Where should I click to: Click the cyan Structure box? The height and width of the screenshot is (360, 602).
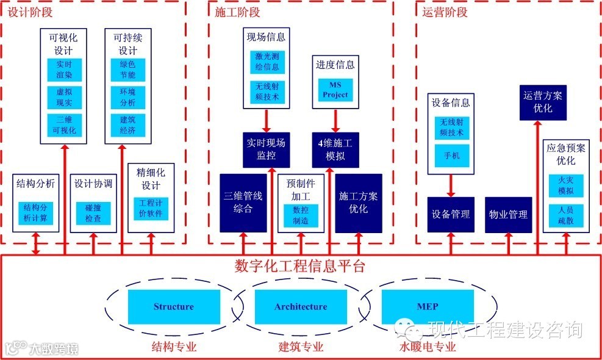point(174,307)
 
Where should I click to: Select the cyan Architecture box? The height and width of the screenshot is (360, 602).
point(300,307)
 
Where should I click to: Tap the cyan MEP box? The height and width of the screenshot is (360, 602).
point(427,307)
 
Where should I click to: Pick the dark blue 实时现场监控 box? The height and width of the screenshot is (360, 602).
point(266,149)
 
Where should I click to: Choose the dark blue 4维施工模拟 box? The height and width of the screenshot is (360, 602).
point(335,149)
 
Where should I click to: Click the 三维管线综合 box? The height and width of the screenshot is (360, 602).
point(243,203)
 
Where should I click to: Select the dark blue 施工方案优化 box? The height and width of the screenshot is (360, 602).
point(358,203)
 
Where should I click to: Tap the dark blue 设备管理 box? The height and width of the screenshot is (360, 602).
point(451,215)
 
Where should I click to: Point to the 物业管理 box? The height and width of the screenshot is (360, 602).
point(508,215)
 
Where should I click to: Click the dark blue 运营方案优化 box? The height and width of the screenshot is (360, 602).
point(543,102)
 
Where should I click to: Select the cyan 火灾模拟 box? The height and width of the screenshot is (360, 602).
point(565,185)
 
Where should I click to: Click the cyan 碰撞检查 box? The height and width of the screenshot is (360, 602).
point(93,213)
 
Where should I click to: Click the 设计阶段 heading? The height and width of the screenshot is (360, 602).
point(30,12)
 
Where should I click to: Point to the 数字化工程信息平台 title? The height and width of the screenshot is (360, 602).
point(300,266)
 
